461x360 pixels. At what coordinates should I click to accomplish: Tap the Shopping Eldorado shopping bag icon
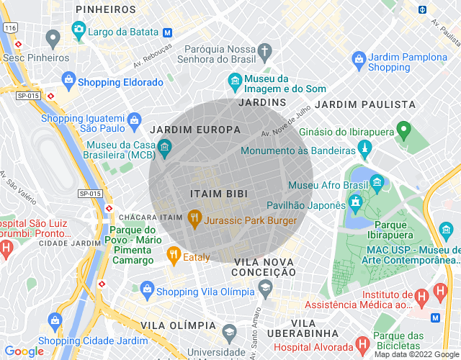68,78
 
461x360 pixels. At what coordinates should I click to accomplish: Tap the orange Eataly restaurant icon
173,253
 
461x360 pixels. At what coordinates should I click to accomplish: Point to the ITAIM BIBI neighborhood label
219,194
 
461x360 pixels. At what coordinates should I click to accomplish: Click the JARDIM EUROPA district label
194,130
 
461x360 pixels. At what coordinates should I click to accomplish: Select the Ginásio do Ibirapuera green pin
403,130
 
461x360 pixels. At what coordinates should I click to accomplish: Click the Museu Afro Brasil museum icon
376,181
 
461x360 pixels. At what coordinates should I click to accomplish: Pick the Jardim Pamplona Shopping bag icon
357,58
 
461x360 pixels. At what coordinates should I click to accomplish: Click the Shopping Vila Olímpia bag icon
147,289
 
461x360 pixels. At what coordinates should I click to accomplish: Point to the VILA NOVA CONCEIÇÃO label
264,266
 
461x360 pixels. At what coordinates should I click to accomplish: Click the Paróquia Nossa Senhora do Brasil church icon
264,52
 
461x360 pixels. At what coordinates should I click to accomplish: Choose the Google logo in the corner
24,351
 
